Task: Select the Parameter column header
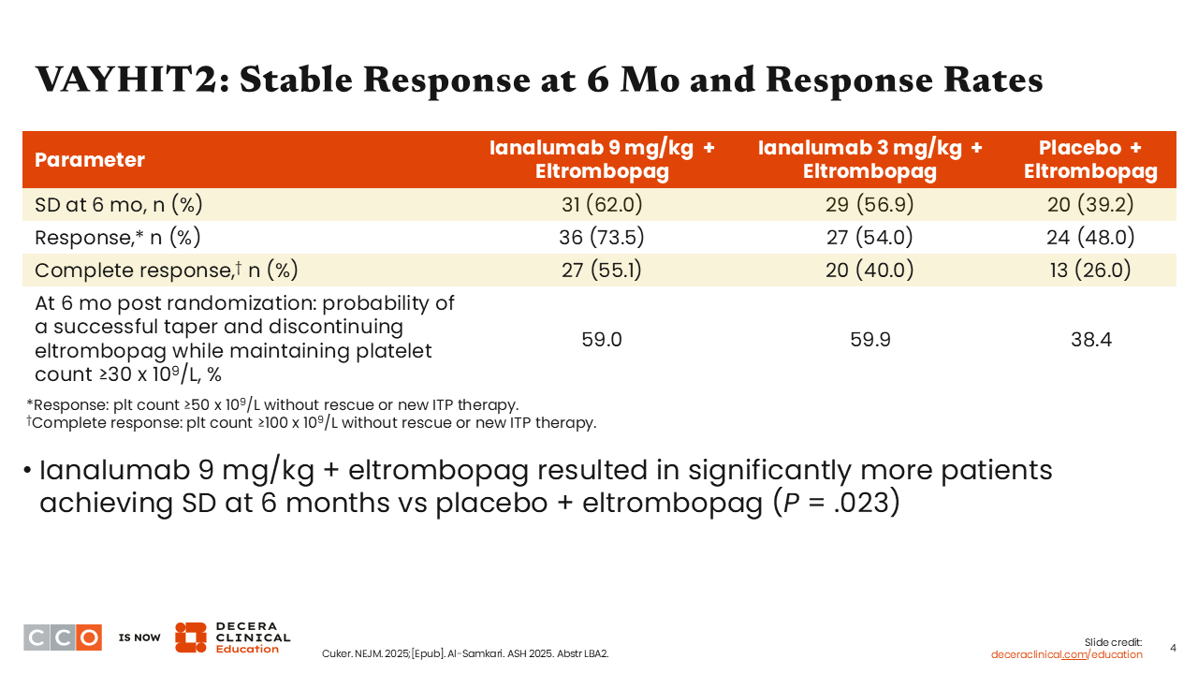click(90, 159)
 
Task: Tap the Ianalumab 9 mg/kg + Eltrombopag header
click(602, 159)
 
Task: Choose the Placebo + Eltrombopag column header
click(1090, 159)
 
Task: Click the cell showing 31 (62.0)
click(602, 204)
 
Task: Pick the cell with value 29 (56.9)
click(869, 204)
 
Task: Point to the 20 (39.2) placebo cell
click(1090, 204)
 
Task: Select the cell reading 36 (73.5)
click(602, 237)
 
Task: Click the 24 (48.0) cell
click(1090, 237)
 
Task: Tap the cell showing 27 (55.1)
click(602, 271)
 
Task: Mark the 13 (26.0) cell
click(1090, 271)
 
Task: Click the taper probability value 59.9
click(870, 340)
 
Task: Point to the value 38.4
click(1091, 340)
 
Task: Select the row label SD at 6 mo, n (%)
click(119, 204)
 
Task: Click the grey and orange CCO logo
click(63, 637)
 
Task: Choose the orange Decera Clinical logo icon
click(191, 637)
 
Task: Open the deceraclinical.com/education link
click(1066, 654)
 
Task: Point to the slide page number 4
click(1174, 649)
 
